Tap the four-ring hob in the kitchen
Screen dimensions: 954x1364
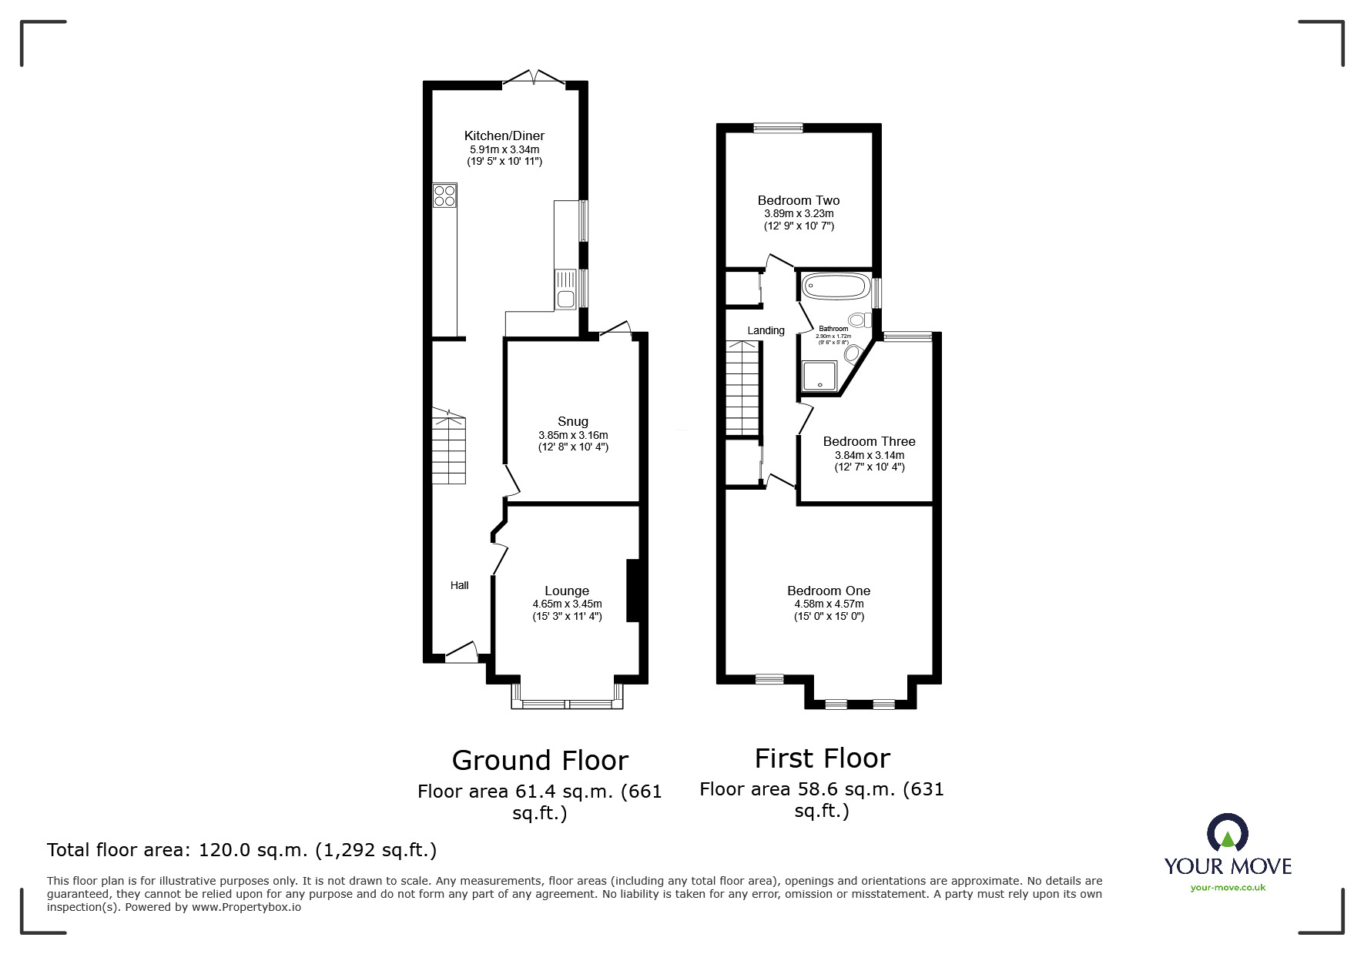pyautogui.click(x=444, y=195)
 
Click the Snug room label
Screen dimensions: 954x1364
pyautogui.click(x=572, y=421)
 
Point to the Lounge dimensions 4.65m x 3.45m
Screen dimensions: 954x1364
pyautogui.click(x=567, y=604)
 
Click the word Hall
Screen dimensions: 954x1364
pyautogui.click(x=459, y=585)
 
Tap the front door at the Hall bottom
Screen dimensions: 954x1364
pyautogui.click(x=461, y=653)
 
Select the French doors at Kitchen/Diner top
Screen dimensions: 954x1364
pyautogui.click(x=533, y=77)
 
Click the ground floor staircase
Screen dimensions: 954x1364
pyautogui.click(x=448, y=450)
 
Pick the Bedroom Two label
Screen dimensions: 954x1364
pyautogui.click(x=798, y=200)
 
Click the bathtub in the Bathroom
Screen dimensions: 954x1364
pyautogui.click(x=835, y=287)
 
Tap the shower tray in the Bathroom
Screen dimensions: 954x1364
pyautogui.click(x=819, y=376)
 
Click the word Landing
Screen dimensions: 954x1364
pyautogui.click(x=766, y=330)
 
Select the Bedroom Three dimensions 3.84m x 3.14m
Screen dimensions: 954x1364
pyautogui.click(x=869, y=455)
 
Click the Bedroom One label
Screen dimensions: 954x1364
pyautogui.click(x=829, y=591)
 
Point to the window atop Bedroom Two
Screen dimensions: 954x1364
pyautogui.click(x=778, y=129)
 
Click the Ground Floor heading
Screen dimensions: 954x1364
pyautogui.click(x=540, y=760)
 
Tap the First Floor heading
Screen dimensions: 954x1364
pyautogui.click(x=822, y=758)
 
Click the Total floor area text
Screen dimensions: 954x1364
pyautogui.click(x=242, y=850)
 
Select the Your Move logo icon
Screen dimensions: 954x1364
pyautogui.click(x=1227, y=833)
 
